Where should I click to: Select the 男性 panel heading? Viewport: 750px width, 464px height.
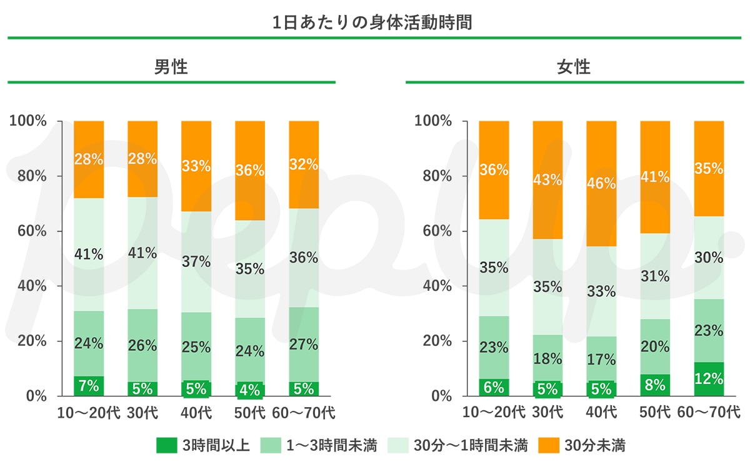171,67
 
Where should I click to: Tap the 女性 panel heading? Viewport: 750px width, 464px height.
574,67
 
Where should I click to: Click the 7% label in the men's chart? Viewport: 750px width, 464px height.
89,386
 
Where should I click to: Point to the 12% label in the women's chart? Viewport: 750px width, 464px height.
709,379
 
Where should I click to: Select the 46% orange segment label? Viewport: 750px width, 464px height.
601,184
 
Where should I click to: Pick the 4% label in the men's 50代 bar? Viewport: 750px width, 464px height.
250,389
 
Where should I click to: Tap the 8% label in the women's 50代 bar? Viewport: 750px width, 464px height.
655,385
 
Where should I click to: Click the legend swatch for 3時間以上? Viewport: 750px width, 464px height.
166,445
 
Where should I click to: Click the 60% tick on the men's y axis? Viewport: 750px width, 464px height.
29,231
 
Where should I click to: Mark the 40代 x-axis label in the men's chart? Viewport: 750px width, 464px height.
196,413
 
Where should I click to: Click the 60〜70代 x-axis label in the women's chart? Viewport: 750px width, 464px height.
709,413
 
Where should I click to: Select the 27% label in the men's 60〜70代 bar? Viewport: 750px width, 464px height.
304,344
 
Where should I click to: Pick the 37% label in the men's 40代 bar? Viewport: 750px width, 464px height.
196,262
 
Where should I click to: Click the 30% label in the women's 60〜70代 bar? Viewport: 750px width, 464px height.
709,257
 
